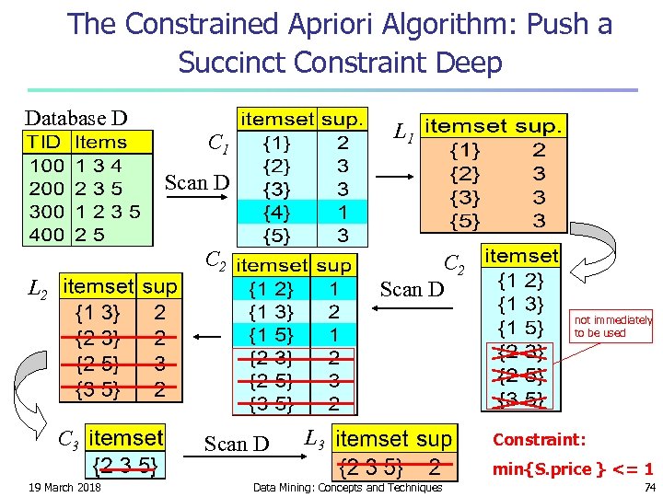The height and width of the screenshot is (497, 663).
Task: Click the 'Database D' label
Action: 76,118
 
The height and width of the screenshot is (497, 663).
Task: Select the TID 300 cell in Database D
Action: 45,212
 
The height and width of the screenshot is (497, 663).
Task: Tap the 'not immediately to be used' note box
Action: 612,327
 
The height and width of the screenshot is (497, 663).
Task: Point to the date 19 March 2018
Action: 64,487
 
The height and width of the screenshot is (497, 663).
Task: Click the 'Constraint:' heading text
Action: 540,440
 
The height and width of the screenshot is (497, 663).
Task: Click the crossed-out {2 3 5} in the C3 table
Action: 125,466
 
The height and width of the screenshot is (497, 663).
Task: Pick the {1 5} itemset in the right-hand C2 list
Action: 521,328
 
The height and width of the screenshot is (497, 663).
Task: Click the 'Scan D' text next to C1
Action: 197,182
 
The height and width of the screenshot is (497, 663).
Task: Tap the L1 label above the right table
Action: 402,134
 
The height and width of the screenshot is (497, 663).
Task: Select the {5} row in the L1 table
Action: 493,220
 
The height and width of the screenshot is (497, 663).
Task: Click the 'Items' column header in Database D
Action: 101,143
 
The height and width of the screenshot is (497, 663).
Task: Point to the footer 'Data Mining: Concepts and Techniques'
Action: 347,487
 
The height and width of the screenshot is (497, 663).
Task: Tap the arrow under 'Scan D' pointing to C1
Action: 197,196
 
